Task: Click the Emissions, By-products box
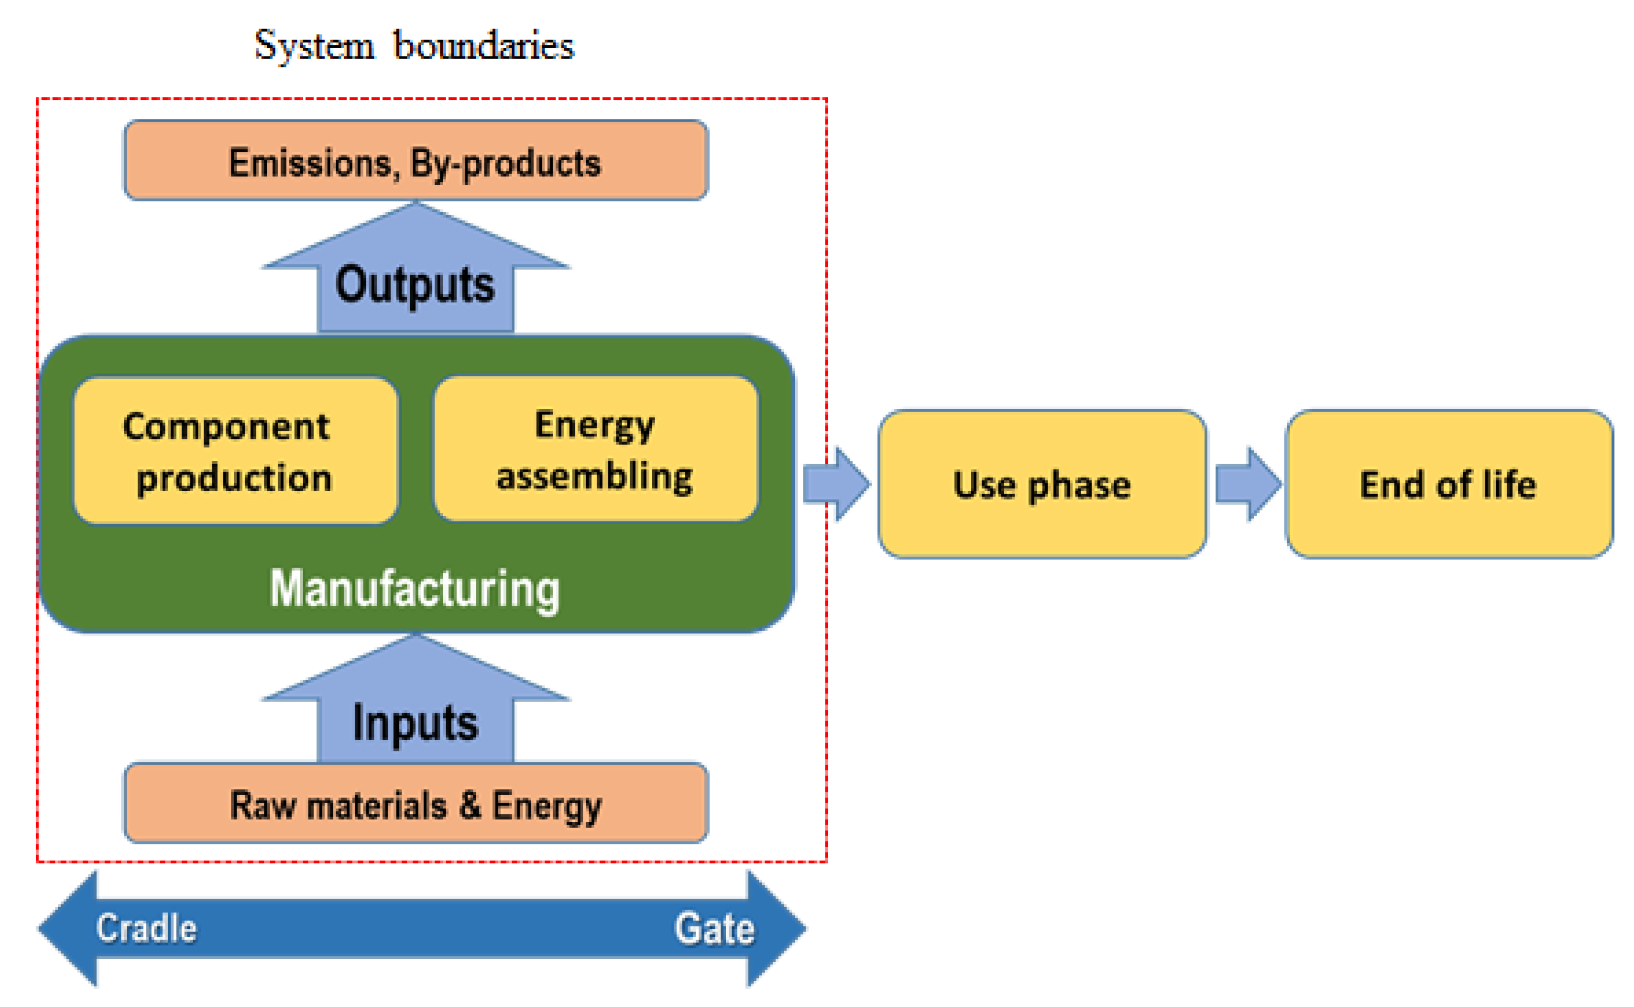[416, 160]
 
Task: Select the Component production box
[235, 451]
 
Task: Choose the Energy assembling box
[595, 449]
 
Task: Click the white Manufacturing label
[415, 589]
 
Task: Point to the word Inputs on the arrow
[415, 723]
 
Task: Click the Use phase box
[1042, 484]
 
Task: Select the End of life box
[1448, 484]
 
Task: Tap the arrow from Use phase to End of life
[1247, 484]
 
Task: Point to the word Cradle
[146, 928]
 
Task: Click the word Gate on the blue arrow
[714, 928]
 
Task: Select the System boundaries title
[414, 45]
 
